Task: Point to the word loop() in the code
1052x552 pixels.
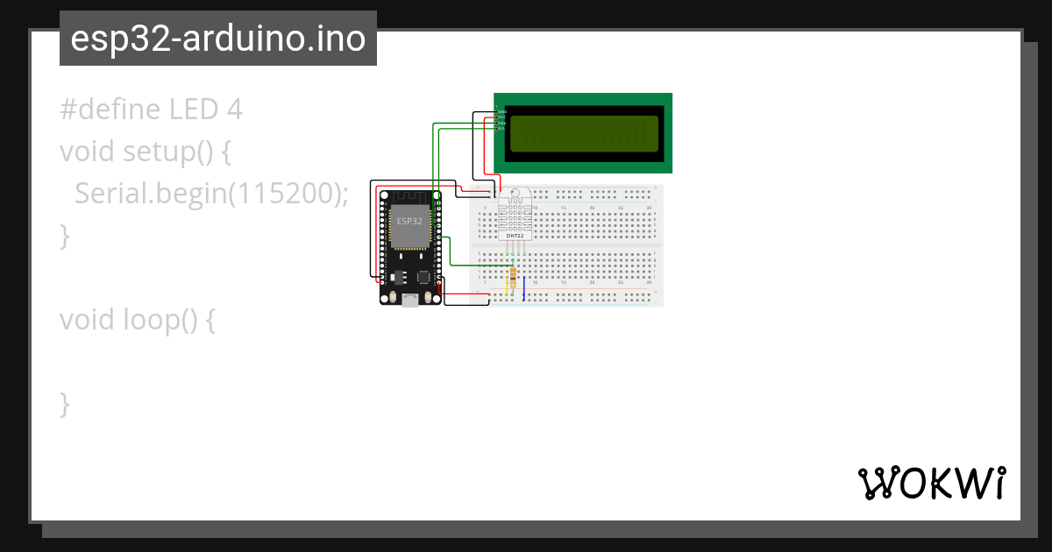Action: (x=165, y=320)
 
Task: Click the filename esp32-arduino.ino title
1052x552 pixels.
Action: (x=217, y=39)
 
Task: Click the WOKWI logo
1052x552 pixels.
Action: (x=931, y=483)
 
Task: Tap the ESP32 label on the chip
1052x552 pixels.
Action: (x=409, y=221)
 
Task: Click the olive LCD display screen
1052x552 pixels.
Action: (x=583, y=132)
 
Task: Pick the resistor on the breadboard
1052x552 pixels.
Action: (x=512, y=278)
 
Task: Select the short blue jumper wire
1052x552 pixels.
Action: (x=523, y=288)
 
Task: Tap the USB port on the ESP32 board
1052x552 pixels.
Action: (x=409, y=301)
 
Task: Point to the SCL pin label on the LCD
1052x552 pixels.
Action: (x=501, y=128)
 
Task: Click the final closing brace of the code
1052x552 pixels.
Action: (x=64, y=404)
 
